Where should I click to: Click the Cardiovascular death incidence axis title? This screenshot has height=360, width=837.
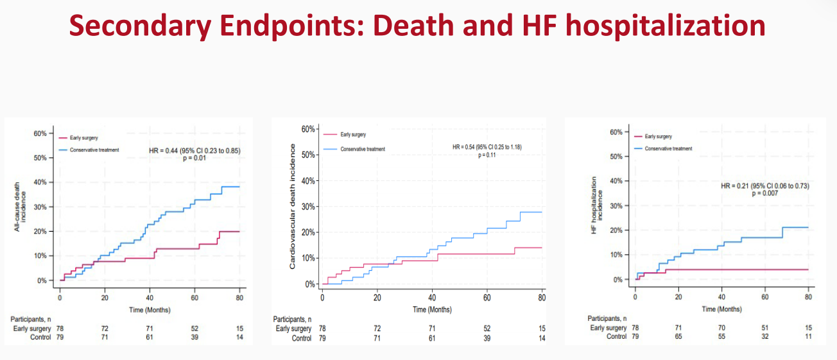pyautogui.click(x=292, y=205)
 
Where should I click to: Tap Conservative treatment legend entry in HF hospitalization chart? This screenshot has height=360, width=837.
pyautogui.click(x=668, y=148)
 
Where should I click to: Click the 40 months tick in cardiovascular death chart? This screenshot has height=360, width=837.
pyautogui.click(x=432, y=298)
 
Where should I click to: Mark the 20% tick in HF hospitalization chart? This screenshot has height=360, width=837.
pyautogui.click(x=619, y=230)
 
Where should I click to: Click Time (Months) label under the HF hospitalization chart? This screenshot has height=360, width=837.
pyautogui.click(x=721, y=309)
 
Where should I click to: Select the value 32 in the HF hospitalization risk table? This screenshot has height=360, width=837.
pyautogui.click(x=764, y=336)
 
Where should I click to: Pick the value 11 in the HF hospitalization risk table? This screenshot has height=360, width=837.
pyautogui.click(x=808, y=336)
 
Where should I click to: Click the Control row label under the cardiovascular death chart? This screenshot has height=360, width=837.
pyautogui.click(x=301, y=338)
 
